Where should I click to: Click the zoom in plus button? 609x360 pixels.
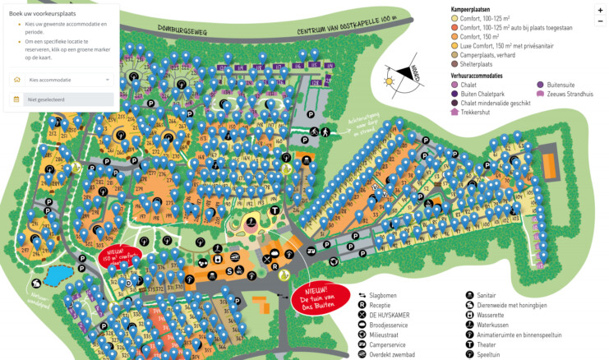[x=599, y=10]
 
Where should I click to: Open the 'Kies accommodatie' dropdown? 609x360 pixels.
[x=62, y=80]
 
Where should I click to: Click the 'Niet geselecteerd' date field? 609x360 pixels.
[x=62, y=99]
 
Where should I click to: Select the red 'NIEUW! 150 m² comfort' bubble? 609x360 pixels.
[x=118, y=256]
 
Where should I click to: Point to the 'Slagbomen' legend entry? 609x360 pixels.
[x=386, y=294]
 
